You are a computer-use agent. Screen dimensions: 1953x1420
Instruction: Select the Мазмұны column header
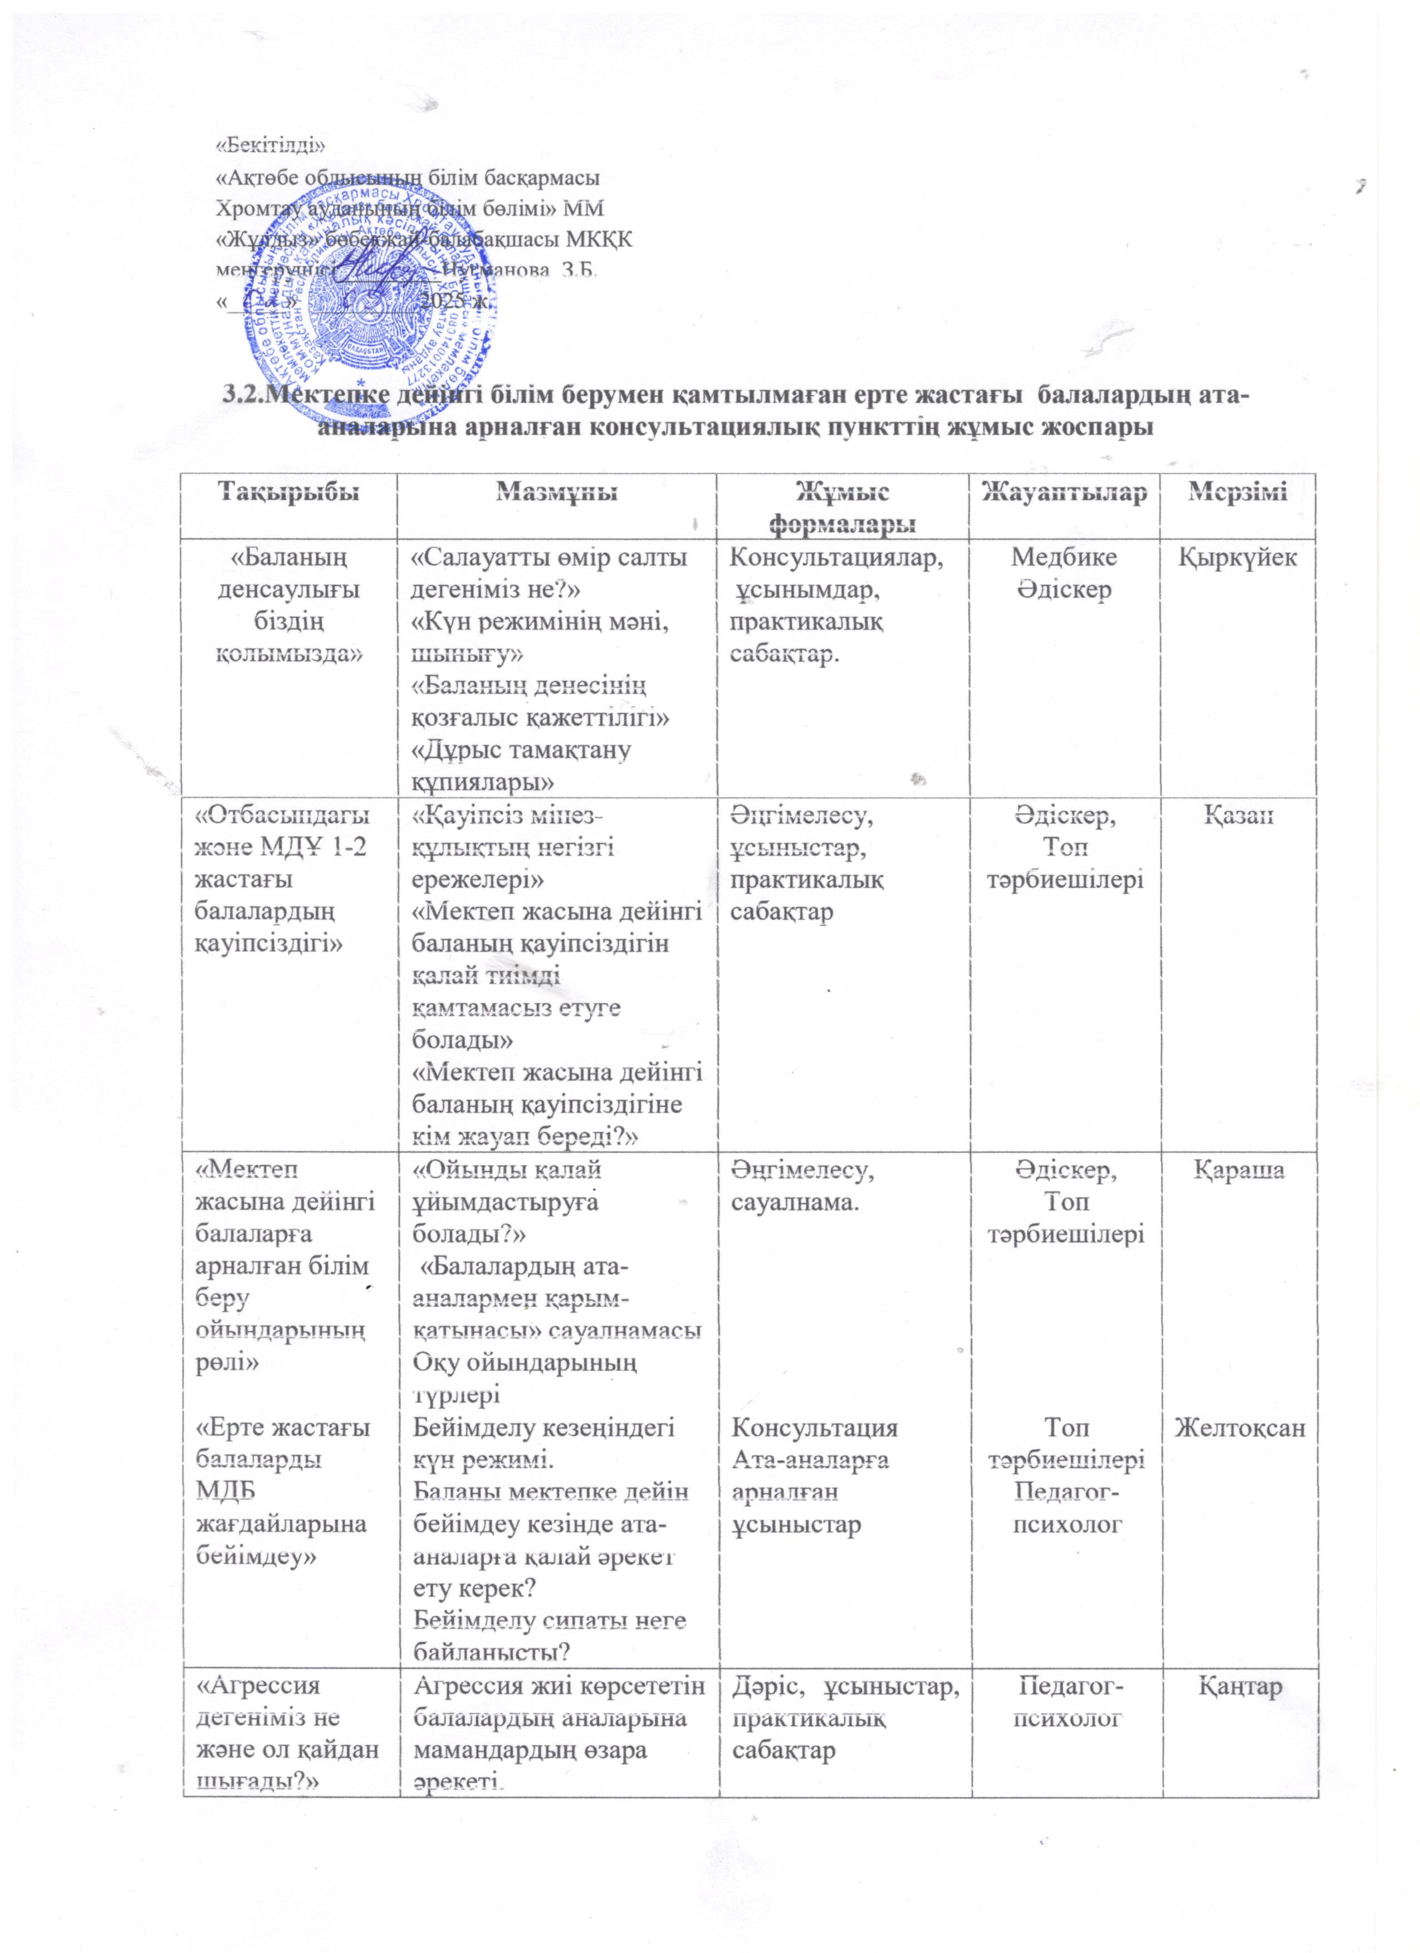point(556,493)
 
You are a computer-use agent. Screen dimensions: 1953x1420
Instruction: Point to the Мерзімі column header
point(1237,493)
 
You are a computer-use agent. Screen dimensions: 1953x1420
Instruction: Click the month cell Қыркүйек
point(1237,558)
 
